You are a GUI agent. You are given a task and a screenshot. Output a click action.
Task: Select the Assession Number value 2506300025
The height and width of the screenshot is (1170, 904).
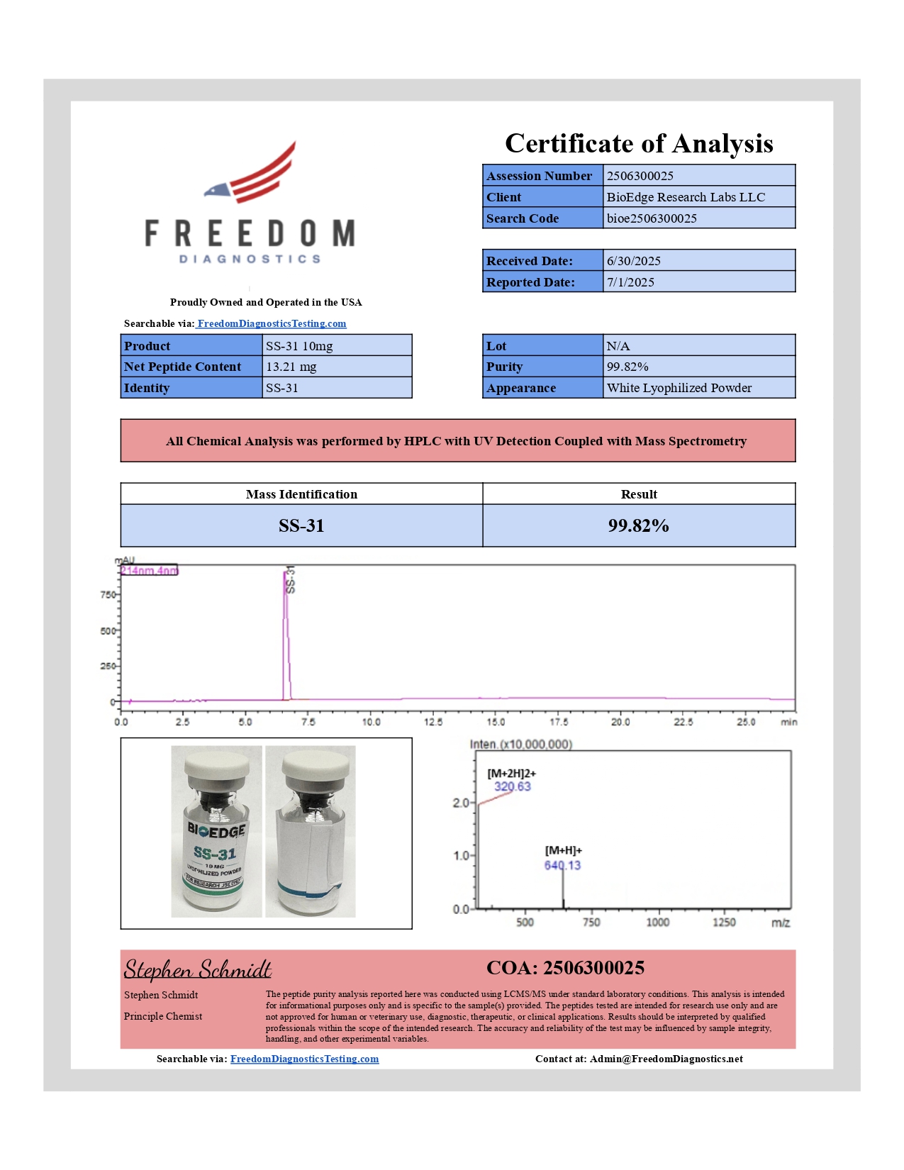click(x=640, y=176)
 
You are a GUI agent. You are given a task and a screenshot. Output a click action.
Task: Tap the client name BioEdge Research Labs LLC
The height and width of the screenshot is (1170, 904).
click(x=686, y=197)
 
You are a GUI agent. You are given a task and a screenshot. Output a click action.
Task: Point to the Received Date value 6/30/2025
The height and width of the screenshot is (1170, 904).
click(x=633, y=261)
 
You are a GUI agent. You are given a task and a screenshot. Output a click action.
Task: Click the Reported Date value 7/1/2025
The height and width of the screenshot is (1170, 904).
click(x=630, y=282)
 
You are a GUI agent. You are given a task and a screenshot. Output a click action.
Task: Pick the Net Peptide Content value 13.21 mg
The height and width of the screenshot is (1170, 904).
click(x=291, y=367)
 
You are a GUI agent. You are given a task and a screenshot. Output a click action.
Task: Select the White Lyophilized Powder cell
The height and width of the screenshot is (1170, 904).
click(x=679, y=388)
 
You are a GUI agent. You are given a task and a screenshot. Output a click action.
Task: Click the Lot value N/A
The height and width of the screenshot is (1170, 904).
click(x=618, y=346)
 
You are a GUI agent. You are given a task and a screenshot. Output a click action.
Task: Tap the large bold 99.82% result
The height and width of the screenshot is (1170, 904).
click(x=638, y=525)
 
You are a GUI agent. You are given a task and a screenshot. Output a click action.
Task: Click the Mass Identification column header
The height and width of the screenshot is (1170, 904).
click(x=301, y=494)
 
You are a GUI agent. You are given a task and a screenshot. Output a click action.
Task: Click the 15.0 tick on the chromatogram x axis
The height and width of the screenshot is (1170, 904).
click(x=496, y=722)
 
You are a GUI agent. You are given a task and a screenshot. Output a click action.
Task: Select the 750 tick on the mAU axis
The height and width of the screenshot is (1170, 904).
click(x=108, y=595)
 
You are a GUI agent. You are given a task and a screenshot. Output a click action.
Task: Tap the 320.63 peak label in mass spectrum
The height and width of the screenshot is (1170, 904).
click(x=512, y=786)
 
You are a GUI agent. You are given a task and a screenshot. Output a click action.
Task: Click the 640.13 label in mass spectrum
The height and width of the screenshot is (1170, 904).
click(x=562, y=865)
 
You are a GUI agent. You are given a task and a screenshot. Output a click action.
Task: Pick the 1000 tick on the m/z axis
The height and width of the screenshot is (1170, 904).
click(x=657, y=922)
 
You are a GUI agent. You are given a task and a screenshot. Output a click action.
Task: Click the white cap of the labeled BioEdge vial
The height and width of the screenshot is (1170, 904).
click(x=217, y=765)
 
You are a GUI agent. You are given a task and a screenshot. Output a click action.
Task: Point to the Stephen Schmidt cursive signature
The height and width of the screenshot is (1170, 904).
click(x=198, y=969)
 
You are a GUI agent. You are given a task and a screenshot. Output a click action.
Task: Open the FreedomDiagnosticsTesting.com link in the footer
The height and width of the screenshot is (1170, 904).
click(x=304, y=1059)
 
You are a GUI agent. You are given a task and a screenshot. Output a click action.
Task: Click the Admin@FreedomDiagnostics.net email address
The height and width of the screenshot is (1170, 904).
click(x=666, y=1059)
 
